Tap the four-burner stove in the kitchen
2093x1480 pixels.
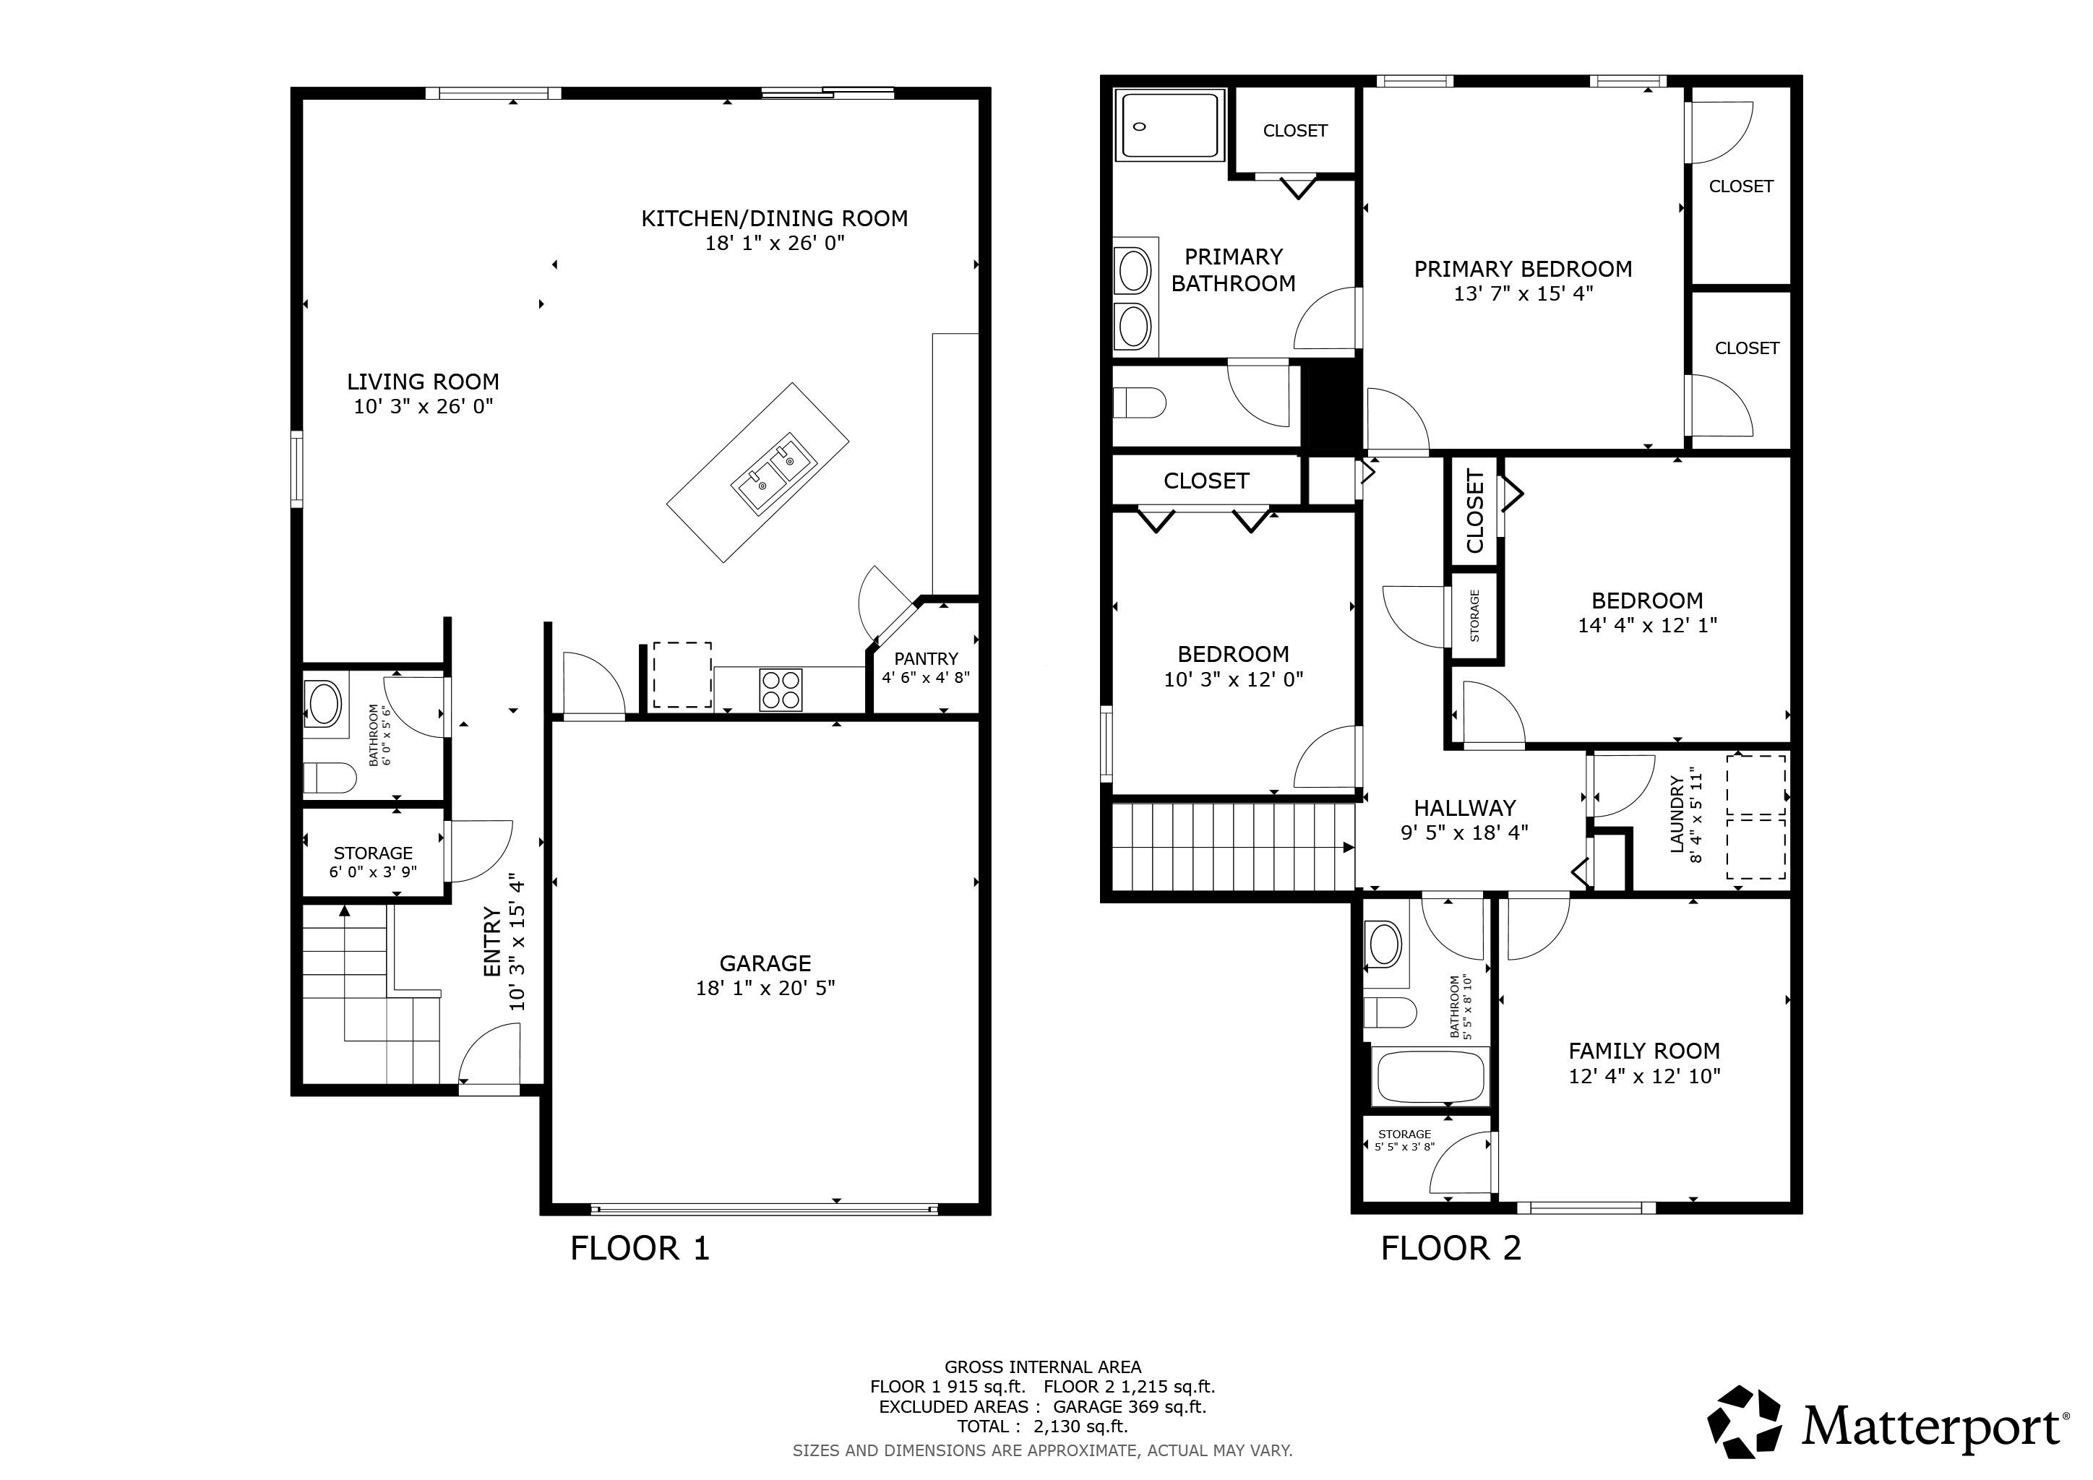point(781,689)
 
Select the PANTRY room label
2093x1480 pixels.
point(925,659)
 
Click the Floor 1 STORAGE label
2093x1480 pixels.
point(373,853)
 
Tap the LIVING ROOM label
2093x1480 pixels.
point(423,382)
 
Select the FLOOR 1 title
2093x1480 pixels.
point(639,1247)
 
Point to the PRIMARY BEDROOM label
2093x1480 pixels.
point(1522,269)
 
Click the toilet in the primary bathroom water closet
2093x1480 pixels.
point(1140,402)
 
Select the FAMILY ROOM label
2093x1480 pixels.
point(1643,1051)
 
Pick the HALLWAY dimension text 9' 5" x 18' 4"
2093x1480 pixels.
point(1464,832)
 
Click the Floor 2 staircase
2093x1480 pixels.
point(1231,846)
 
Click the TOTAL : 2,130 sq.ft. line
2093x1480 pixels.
point(1042,1427)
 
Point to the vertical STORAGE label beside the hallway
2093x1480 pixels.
point(1474,616)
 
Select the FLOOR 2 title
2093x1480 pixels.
point(1451,1247)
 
